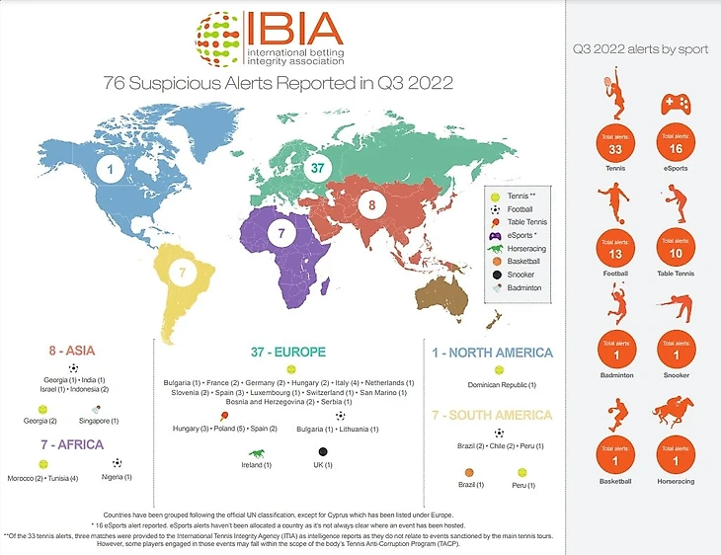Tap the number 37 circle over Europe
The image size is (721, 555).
point(317,169)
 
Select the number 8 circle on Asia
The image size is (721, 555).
point(370,206)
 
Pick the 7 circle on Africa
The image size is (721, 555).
point(281,234)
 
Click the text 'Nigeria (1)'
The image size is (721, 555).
point(117,477)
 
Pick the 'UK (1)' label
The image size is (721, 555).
point(324,465)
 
